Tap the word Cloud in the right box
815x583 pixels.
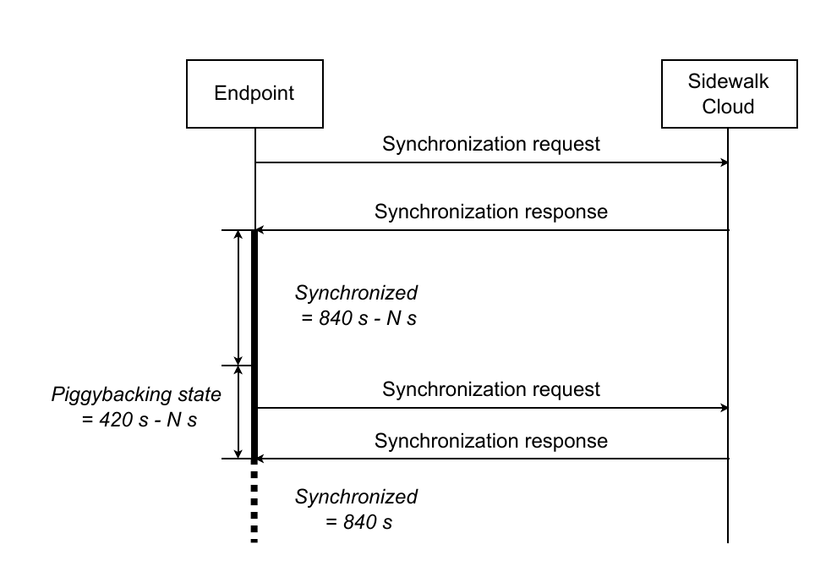click(728, 107)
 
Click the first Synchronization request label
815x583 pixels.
click(491, 144)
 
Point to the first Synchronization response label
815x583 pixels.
click(491, 212)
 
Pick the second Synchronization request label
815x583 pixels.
click(491, 389)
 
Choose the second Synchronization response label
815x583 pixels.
click(491, 441)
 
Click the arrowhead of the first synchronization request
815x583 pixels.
click(725, 162)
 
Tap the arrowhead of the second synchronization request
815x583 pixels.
click(725, 408)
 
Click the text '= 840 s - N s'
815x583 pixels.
click(358, 318)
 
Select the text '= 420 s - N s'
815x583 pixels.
click(139, 420)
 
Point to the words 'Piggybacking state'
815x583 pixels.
click(136, 395)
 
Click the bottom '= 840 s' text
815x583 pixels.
click(358, 522)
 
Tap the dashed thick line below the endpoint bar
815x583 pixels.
click(254, 507)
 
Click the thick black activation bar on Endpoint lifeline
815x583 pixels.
click(254, 346)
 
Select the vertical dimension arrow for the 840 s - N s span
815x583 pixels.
click(238, 298)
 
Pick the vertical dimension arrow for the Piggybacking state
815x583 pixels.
click(238, 412)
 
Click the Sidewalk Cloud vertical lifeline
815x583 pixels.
click(728, 335)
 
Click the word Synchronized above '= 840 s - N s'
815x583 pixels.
click(356, 294)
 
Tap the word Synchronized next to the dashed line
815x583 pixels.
click(356, 498)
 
